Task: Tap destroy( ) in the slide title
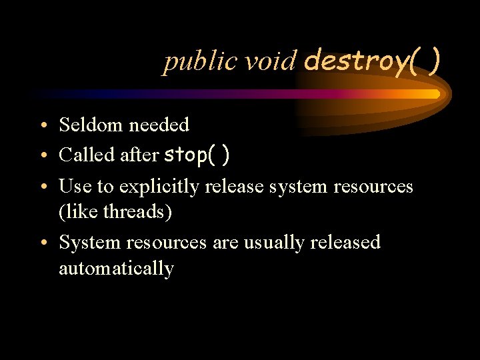[x=371, y=61]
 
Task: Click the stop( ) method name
[x=197, y=155]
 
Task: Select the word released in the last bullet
[x=345, y=242]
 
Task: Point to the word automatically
[x=117, y=269]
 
